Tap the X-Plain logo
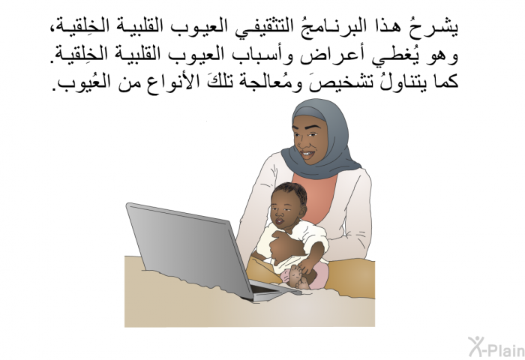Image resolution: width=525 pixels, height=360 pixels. coord(496,346)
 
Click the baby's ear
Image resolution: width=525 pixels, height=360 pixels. coord(302,210)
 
